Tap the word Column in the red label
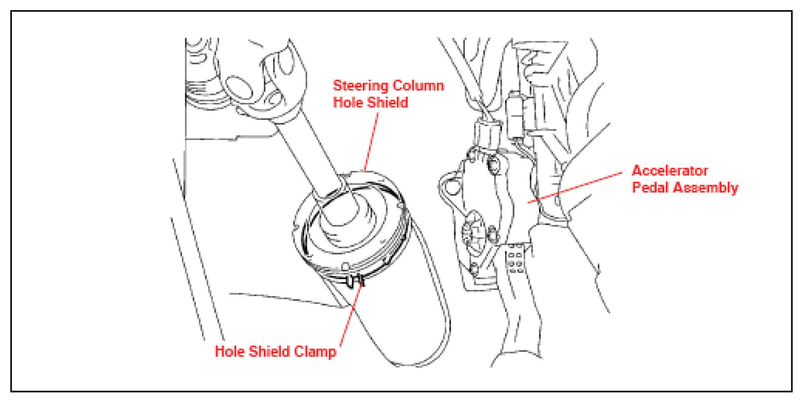click(x=418, y=86)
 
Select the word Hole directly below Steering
click(x=348, y=103)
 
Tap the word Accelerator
click(x=670, y=171)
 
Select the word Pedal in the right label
click(x=650, y=188)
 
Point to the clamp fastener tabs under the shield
click(x=355, y=281)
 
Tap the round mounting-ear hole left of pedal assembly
click(x=451, y=187)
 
